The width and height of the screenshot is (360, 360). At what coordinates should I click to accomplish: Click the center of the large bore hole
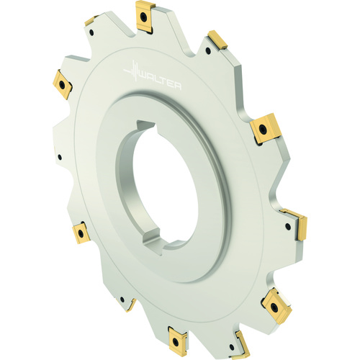pos(166,186)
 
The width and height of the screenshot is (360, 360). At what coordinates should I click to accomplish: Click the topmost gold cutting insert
pos(145,17)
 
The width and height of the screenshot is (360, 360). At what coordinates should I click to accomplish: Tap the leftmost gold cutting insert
pos(63,84)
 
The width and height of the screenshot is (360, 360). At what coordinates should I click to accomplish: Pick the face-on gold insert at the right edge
pos(265,129)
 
